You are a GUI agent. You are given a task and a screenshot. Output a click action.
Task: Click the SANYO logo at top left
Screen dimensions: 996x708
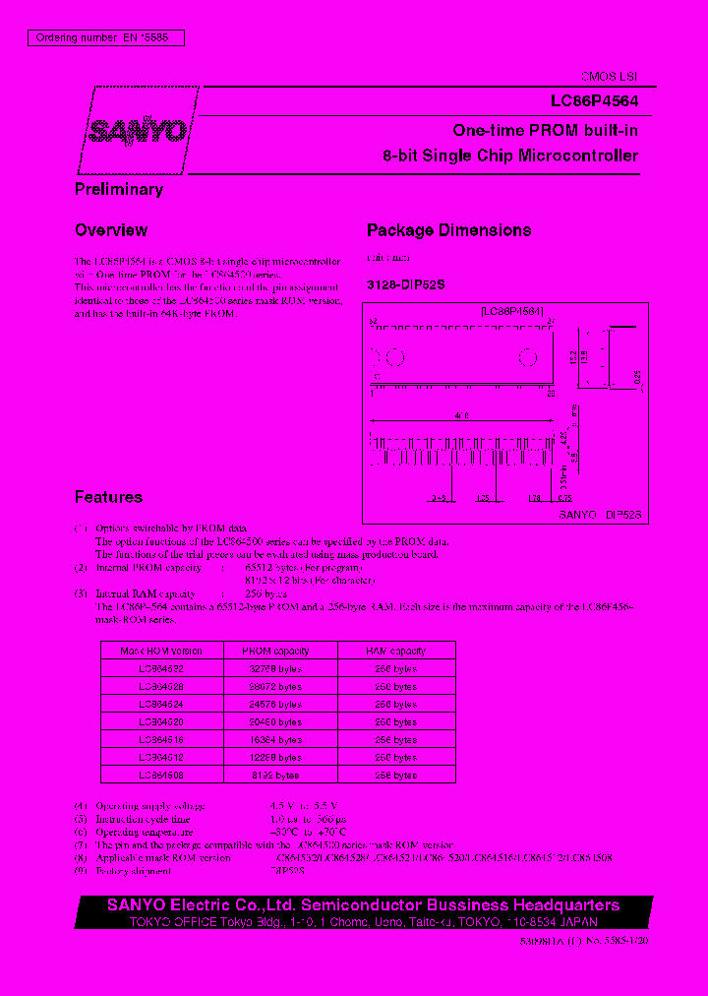(x=138, y=131)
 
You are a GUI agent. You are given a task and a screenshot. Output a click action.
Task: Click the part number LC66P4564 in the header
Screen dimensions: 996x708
(x=594, y=100)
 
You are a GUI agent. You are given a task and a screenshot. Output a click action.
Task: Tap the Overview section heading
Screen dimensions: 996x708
(x=111, y=230)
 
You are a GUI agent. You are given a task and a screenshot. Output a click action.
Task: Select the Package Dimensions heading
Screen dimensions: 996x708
(x=448, y=230)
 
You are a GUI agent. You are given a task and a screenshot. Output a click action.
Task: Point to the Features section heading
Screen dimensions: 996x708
(x=108, y=498)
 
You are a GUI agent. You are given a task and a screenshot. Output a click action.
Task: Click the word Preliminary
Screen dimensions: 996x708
(x=119, y=189)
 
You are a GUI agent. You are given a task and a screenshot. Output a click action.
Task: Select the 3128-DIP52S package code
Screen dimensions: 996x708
(x=406, y=283)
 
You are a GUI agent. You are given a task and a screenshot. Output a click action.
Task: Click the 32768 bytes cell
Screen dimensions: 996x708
(x=277, y=668)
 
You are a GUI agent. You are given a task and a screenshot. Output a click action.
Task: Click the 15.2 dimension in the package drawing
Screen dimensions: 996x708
(x=572, y=355)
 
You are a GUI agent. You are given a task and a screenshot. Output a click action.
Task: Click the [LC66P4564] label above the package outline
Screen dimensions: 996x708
(x=512, y=311)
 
